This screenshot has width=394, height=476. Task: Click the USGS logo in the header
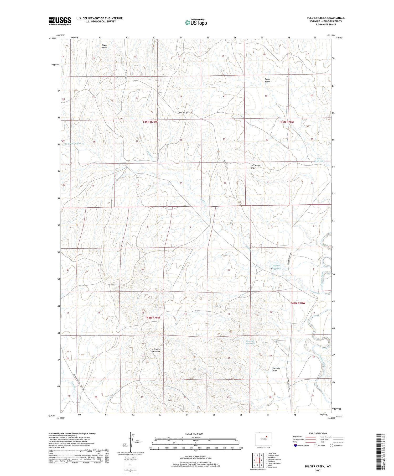(x=60, y=21)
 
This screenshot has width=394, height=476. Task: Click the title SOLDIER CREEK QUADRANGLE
(x=326, y=18)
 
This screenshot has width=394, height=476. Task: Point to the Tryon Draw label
(x=105, y=46)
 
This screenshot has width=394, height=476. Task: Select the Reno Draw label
(x=267, y=80)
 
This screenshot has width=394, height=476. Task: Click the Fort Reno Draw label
(x=255, y=167)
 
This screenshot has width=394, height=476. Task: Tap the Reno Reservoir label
(x=319, y=160)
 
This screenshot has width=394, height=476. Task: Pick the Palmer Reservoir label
(x=276, y=267)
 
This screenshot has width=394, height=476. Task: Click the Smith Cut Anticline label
(x=155, y=350)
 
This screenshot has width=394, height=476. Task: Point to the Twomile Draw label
(x=276, y=369)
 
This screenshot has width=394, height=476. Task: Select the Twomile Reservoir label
(x=250, y=342)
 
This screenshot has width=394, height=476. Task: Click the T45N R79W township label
(x=150, y=122)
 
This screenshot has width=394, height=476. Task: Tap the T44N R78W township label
(x=298, y=303)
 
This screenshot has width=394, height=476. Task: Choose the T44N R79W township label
(x=153, y=318)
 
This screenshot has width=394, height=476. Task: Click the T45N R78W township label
(x=287, y=122)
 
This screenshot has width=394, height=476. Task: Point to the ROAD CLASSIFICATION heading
(x=318, y=433)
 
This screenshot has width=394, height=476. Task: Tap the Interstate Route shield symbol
(x=295, y=446)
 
